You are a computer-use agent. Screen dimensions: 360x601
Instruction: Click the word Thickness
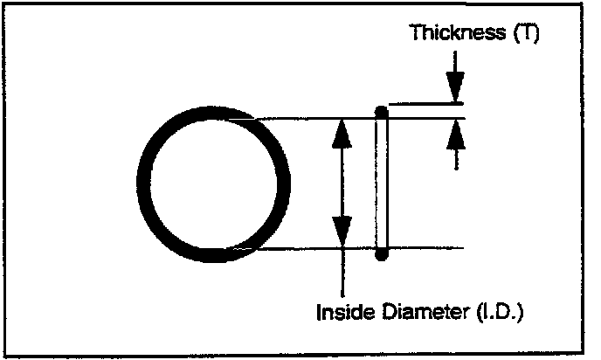[x=450, y=35]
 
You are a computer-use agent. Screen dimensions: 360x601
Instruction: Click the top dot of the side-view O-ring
[x=380, y=111]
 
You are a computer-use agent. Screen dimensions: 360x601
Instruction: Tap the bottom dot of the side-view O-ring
[x=380, y=255]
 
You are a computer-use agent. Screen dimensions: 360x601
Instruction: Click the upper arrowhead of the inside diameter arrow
[x=343, y=131]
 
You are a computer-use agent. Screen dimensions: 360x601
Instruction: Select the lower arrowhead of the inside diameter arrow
[x=343, y=234]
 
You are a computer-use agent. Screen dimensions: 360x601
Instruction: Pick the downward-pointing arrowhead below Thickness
[x=455, y=88]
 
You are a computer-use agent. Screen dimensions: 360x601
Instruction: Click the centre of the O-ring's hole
[x=214, y=183]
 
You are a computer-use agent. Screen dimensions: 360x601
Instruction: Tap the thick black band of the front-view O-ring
[x=147, y=183]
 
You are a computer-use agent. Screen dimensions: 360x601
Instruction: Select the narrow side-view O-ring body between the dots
[x=380, y=183]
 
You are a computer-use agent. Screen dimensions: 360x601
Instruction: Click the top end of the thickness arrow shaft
[x=455, y=52]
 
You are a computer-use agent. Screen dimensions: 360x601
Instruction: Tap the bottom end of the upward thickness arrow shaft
[x=455, y=168]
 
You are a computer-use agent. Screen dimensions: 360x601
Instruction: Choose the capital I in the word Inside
[x=317, y=310]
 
